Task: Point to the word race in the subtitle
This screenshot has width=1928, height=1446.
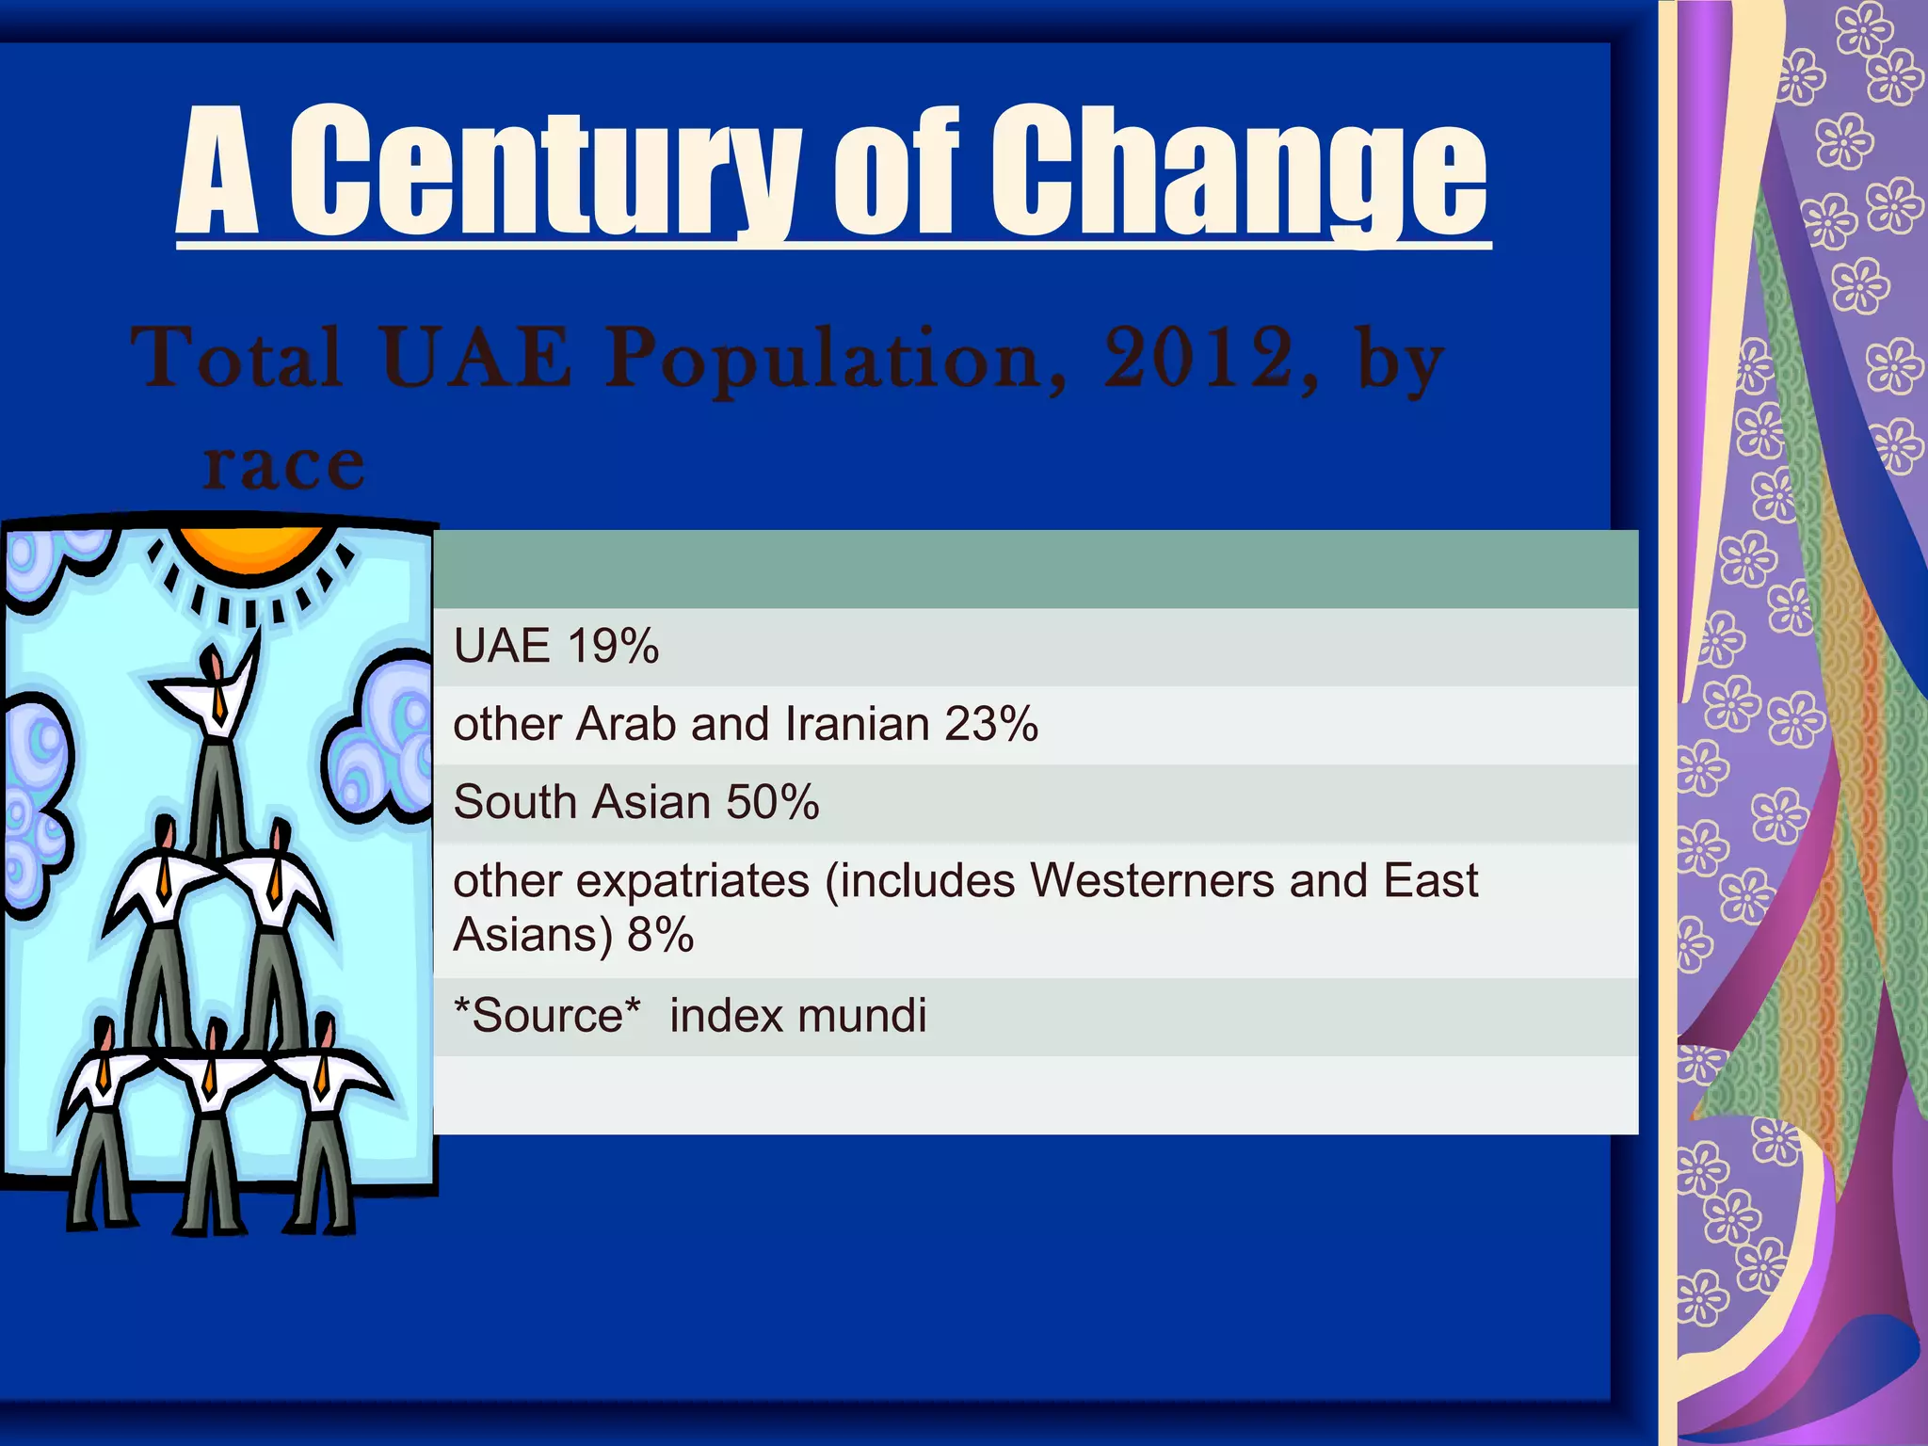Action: click(x=283, y=465)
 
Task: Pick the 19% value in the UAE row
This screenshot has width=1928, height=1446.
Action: click(x=613, y=647)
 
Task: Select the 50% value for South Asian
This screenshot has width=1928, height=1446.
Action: click(x=772, y=803)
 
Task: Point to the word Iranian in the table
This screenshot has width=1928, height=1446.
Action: click(x=857, y=725)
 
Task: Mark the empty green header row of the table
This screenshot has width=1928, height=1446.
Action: click(x=1036, y=570)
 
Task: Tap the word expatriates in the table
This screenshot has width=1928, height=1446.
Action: click(x=692, y=881)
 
